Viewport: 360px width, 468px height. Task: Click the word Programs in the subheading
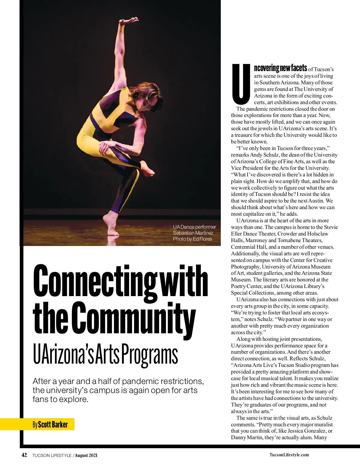(x=150, y=355)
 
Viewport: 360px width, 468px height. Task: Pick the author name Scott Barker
(x=53, y=424)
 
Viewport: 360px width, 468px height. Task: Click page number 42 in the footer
(x=24, y=455)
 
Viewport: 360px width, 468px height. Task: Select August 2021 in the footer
(x=86, y=455)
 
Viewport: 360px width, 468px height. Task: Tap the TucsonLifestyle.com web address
(x=289, y=455)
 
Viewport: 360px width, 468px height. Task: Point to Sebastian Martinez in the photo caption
(x=193, y=233)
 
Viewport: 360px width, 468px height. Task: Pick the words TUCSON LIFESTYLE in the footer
(x=52, y=455)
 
